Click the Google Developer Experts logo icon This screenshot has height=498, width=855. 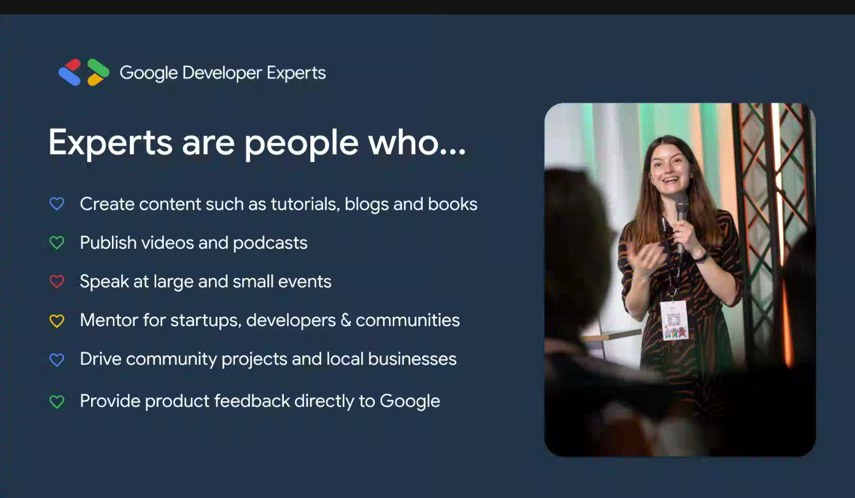pyautogui.click(x=84, y=72)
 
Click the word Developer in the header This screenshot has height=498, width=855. pyautogui.click(x=222, y=73)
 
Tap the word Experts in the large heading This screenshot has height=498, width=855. pyautogui.click(x=110, y=143)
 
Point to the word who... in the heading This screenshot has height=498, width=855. pyautogui.click(x=417, y=142)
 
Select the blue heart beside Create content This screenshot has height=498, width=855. pyautogui.click(x=57, y=204)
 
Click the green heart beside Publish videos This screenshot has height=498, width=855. pyautogui.click(x=57, y=242)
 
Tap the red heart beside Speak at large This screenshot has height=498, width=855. pyautogui.click(x=57, y=282)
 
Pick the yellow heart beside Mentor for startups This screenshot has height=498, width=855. pyautogui.click(x=57, y=320)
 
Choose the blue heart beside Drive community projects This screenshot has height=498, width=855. pyautogui.click(x=57, y=360)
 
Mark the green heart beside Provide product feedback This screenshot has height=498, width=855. pyautogui.click(x=57, y=402)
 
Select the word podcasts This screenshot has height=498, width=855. pyautogui.click(x=270, y=244)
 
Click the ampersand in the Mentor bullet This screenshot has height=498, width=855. pyautogui.click(x=346, y=320)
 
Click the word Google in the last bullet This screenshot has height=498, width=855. pyautogui.click(x=410, y=402)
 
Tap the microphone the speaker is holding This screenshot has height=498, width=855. pyautogui.click(x=681, y=221)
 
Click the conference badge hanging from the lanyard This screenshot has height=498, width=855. pyautogui.click(x=674, y=320)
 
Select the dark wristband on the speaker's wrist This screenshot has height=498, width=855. pyautogui.click(x=701, y=258)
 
